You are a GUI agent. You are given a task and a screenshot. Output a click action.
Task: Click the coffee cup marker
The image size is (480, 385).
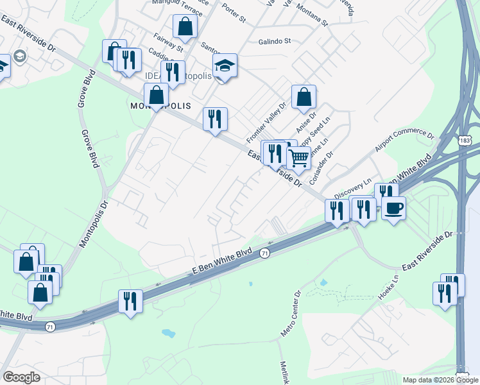pyautogui.click(x=394, y=207)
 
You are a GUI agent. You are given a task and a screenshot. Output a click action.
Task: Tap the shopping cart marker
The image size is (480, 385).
pyautogui.click(x=298, y=157)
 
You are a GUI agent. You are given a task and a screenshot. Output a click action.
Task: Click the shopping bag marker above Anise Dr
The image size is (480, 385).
pyautogui.click(x=304, y=97)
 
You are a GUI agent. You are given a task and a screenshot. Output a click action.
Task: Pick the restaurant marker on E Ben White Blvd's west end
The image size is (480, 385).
pyautogui.click(x=130, y=301)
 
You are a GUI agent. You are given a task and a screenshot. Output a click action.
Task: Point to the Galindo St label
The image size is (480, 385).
pyautogui.click(x=275, y=40)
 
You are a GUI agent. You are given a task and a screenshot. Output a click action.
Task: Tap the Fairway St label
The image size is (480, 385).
pyautogui.click(x=168, y=43)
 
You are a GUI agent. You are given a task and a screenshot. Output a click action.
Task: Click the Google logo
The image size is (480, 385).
pyautogui.click(x=21, y=377)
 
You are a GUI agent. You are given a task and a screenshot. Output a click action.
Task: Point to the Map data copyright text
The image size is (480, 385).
pyautogui.click(x=440, y=380)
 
